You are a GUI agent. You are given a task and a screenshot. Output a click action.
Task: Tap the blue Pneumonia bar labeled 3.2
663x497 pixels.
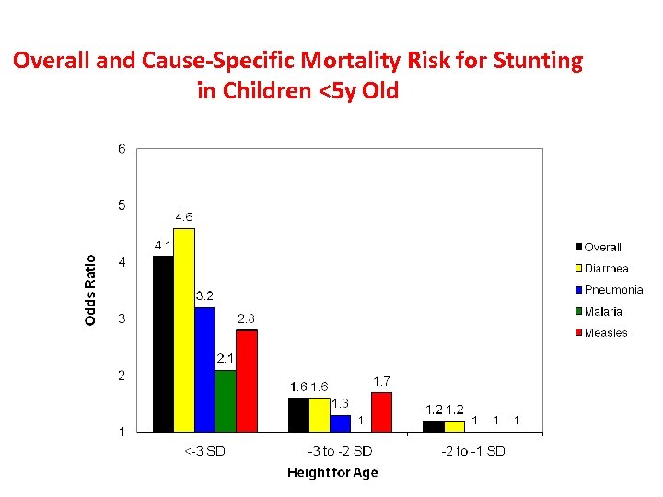(x=204, y=369)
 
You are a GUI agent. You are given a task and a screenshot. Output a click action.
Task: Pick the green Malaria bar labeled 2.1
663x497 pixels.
(x=226, y=400)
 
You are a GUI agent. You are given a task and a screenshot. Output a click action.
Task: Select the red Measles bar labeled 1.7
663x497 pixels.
(x=381, y=411)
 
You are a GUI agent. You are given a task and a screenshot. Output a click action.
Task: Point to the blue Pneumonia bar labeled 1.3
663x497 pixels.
(x=340, y=422)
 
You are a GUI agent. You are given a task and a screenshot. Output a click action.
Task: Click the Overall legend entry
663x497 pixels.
(x=598, y=247)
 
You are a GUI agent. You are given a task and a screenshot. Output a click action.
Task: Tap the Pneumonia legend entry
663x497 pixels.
(x=608, y=290)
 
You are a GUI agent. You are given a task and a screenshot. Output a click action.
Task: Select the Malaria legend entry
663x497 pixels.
(x=598, y=312)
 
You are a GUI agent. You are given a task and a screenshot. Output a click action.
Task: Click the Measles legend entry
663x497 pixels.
(x=600, y=333)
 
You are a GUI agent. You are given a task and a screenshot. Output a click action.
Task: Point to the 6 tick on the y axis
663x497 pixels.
(x=122, y=149)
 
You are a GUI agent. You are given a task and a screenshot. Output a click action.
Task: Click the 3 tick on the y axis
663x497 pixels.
(x=122, y=318)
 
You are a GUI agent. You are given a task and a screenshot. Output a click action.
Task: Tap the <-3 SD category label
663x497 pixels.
(x=204, y=451)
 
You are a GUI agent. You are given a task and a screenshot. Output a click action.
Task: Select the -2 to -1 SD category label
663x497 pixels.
(x=474, y=451)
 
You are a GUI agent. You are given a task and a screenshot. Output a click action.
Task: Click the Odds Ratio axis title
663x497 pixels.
(x=90, y=290)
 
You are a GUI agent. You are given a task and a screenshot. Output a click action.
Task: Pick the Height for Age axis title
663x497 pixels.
(x=332, y=473)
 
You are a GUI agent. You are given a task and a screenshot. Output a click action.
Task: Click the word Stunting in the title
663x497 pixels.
(x=538, y=62)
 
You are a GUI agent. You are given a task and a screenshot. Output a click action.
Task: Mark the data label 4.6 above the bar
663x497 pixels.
(x=184, y=217)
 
